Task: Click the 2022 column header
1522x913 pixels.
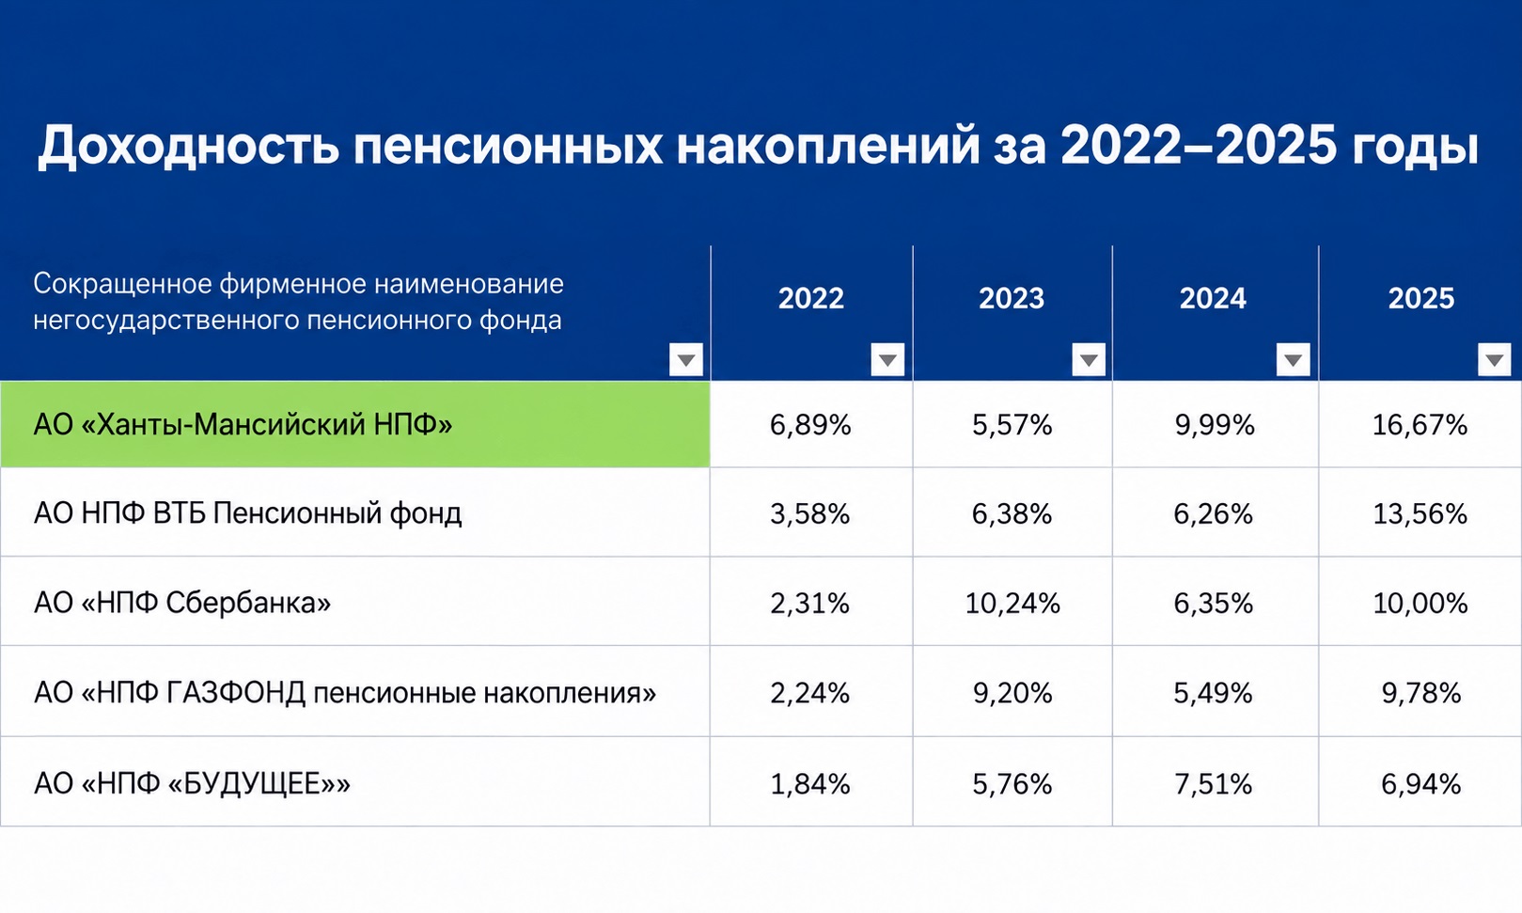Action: pyautogui.click(x=810, y=298)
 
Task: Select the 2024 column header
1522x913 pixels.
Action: pyautogui.click(x=1213, y=298)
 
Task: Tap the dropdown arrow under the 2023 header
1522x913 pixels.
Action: pyautogui.click(x=1089, y=359)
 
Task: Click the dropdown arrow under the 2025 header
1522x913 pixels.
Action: pyautogui.click(x=1494, y=359)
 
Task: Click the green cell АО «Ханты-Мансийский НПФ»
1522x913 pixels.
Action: pyautogui.click(x=355, y=424)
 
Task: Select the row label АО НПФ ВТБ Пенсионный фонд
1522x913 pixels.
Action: pyautogui.click(x=248, y=513)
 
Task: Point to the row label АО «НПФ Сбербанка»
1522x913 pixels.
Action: pyautogui.click(x=182, y=603)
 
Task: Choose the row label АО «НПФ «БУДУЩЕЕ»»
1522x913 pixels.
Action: pyautogui.click(x=193, y=783)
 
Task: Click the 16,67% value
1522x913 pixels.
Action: pyautogui.click(x=1420, y=425)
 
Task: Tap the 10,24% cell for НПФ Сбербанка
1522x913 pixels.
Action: pyautogui.click(x=1012, y=603)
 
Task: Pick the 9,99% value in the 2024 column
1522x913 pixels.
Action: pyautogui.click(x=1215, y=425)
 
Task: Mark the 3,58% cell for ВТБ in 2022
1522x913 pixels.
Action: pyautogui.click(x=810, y=513)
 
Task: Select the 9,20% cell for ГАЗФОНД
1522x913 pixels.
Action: pyautogui.click(x=1012, y=693)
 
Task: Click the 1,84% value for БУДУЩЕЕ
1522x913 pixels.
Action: pyautogui.click(x=810, y=784)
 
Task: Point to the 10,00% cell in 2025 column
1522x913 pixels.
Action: pyautogui.click(x=1420, y=603)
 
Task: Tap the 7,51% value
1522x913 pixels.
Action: pyautogui.click(x=1214, y=784)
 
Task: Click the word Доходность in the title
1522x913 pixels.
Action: pyautogui.click(x=188, y=146)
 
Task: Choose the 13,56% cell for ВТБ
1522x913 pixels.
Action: pyautogui.click(x=1420, y=513)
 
